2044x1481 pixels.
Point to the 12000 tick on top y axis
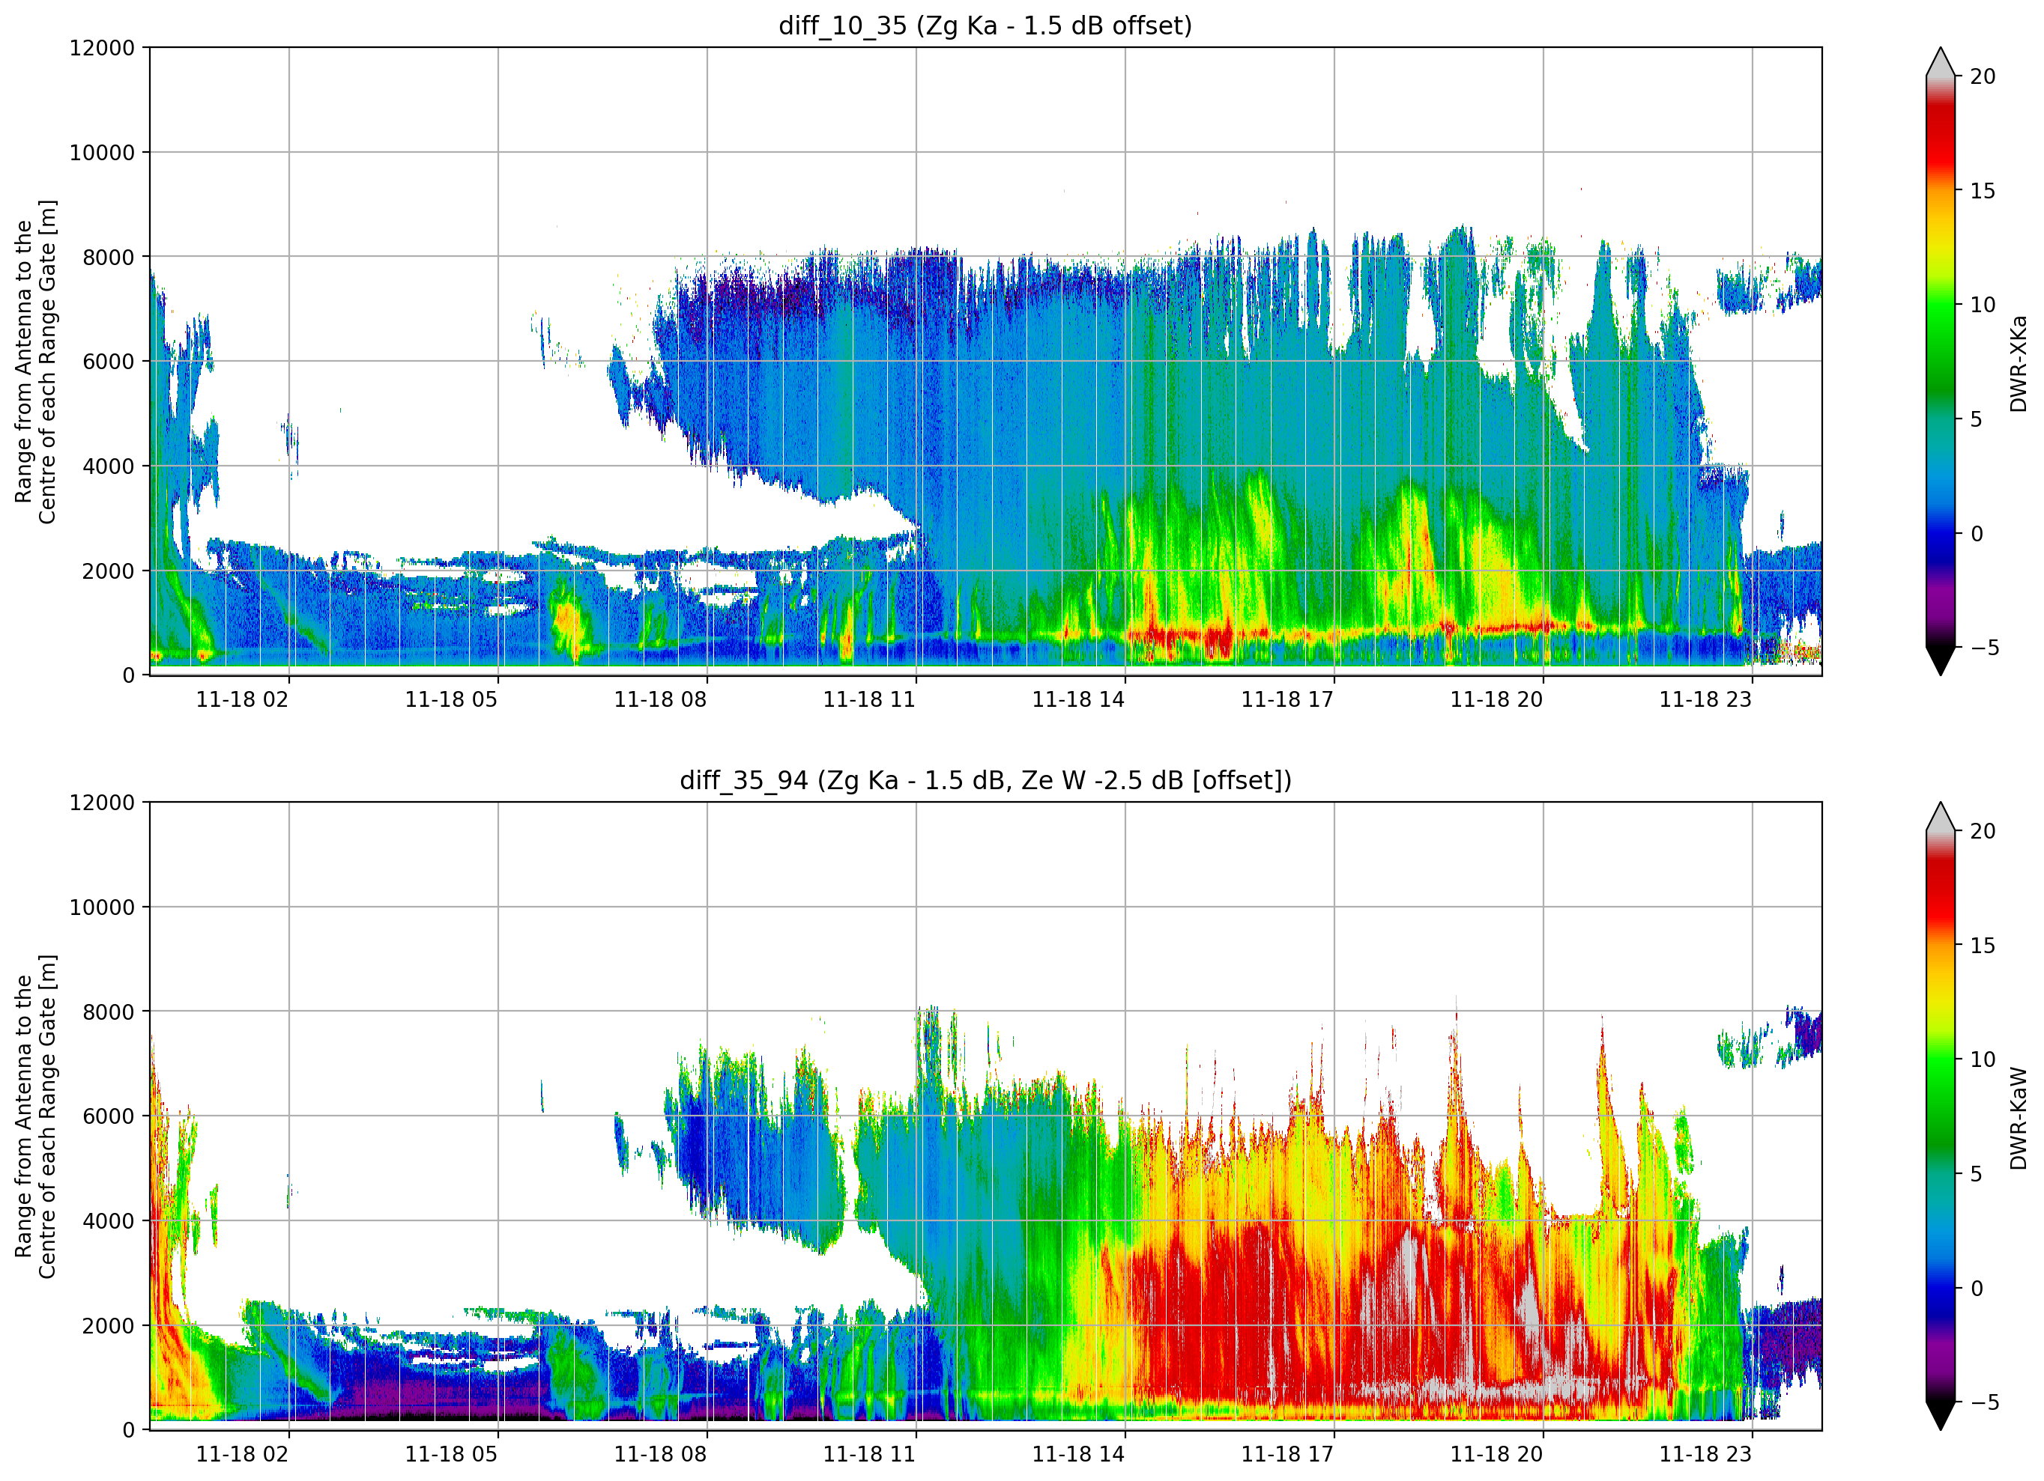[x=102, y=48]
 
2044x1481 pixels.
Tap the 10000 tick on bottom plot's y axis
[x=102, y=907]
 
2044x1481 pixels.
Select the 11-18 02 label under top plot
[x=243, y=699]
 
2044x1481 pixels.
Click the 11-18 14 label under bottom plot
[x=1078, y=1454]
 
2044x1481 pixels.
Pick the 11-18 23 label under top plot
[x=1705, y=699]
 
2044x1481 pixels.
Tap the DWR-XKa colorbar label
[x=2018, y=364]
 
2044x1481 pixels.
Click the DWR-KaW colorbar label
[x=2018, y=1118]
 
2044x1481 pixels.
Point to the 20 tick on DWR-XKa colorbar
[x=1982, y=76]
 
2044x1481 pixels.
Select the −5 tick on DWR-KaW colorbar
[x=1978, y=1402]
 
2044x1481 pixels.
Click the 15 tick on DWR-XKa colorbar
[x=1982, y=191]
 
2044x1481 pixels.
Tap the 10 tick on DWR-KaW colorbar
[x=1982, y=1059]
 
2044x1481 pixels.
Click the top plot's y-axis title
[x=35, y=361]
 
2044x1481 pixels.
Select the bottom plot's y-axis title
[x=35, y=1116]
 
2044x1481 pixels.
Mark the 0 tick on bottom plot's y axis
[x=129, y=1429]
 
